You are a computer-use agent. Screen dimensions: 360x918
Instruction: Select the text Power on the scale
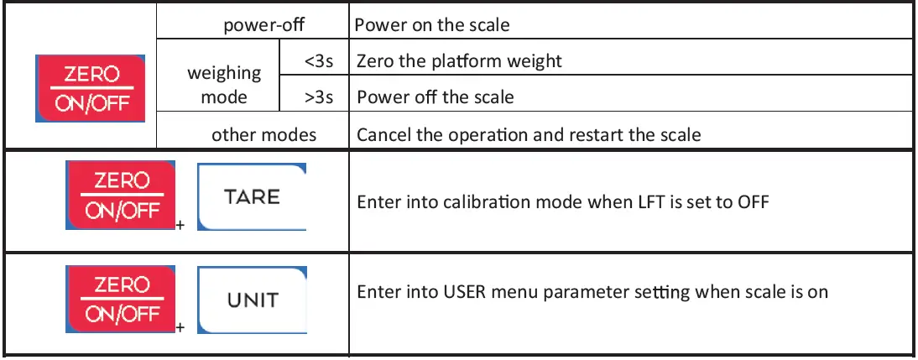[431, 24]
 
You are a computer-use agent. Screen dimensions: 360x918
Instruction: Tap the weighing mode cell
[224, 85]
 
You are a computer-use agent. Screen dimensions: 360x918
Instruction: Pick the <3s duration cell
[319, 61]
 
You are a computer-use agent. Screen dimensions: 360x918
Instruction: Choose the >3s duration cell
[319, 97]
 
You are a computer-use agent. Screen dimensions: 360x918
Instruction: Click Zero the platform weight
[459, 61]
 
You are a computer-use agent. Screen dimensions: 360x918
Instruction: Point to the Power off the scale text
[436, 97]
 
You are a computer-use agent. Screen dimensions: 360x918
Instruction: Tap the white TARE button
[252, 197]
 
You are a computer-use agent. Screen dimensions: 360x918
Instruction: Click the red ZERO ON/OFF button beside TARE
[120, 196]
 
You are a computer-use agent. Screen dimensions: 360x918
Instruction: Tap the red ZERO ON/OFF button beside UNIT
[120, 299]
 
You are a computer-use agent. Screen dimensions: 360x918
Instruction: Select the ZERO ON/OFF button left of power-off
[91, 88]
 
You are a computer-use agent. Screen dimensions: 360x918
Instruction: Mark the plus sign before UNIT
[180, 327]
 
